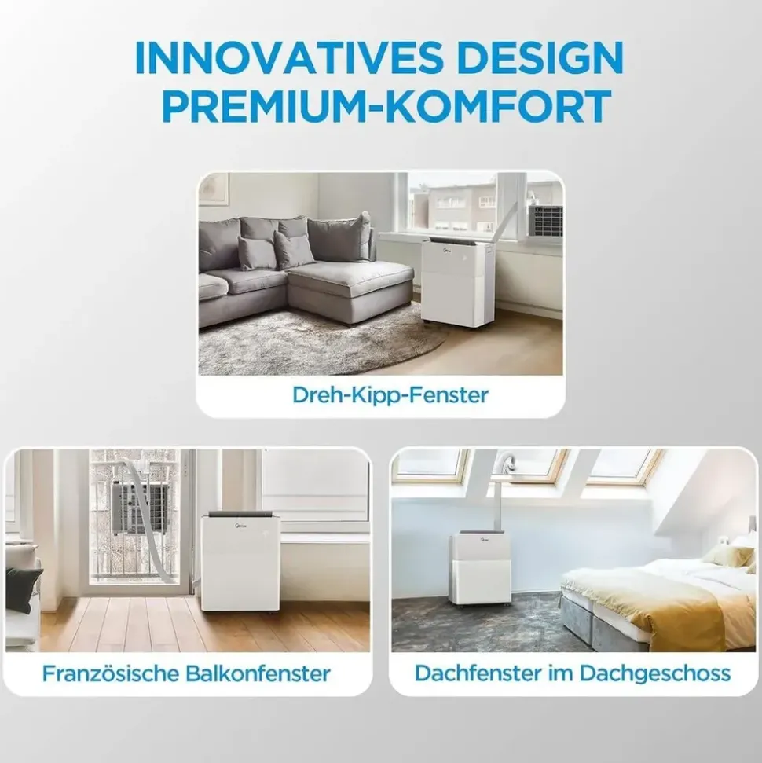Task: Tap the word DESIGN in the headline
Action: (540, 58)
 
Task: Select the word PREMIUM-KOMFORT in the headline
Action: (387, 105)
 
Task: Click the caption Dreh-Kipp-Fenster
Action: (390, 394)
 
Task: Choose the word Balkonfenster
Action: (258, 673)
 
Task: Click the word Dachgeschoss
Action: (655, 673)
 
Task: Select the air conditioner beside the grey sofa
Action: (457, 282)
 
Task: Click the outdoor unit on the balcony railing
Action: (140, 507)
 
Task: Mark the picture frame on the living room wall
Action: (214, 189)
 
